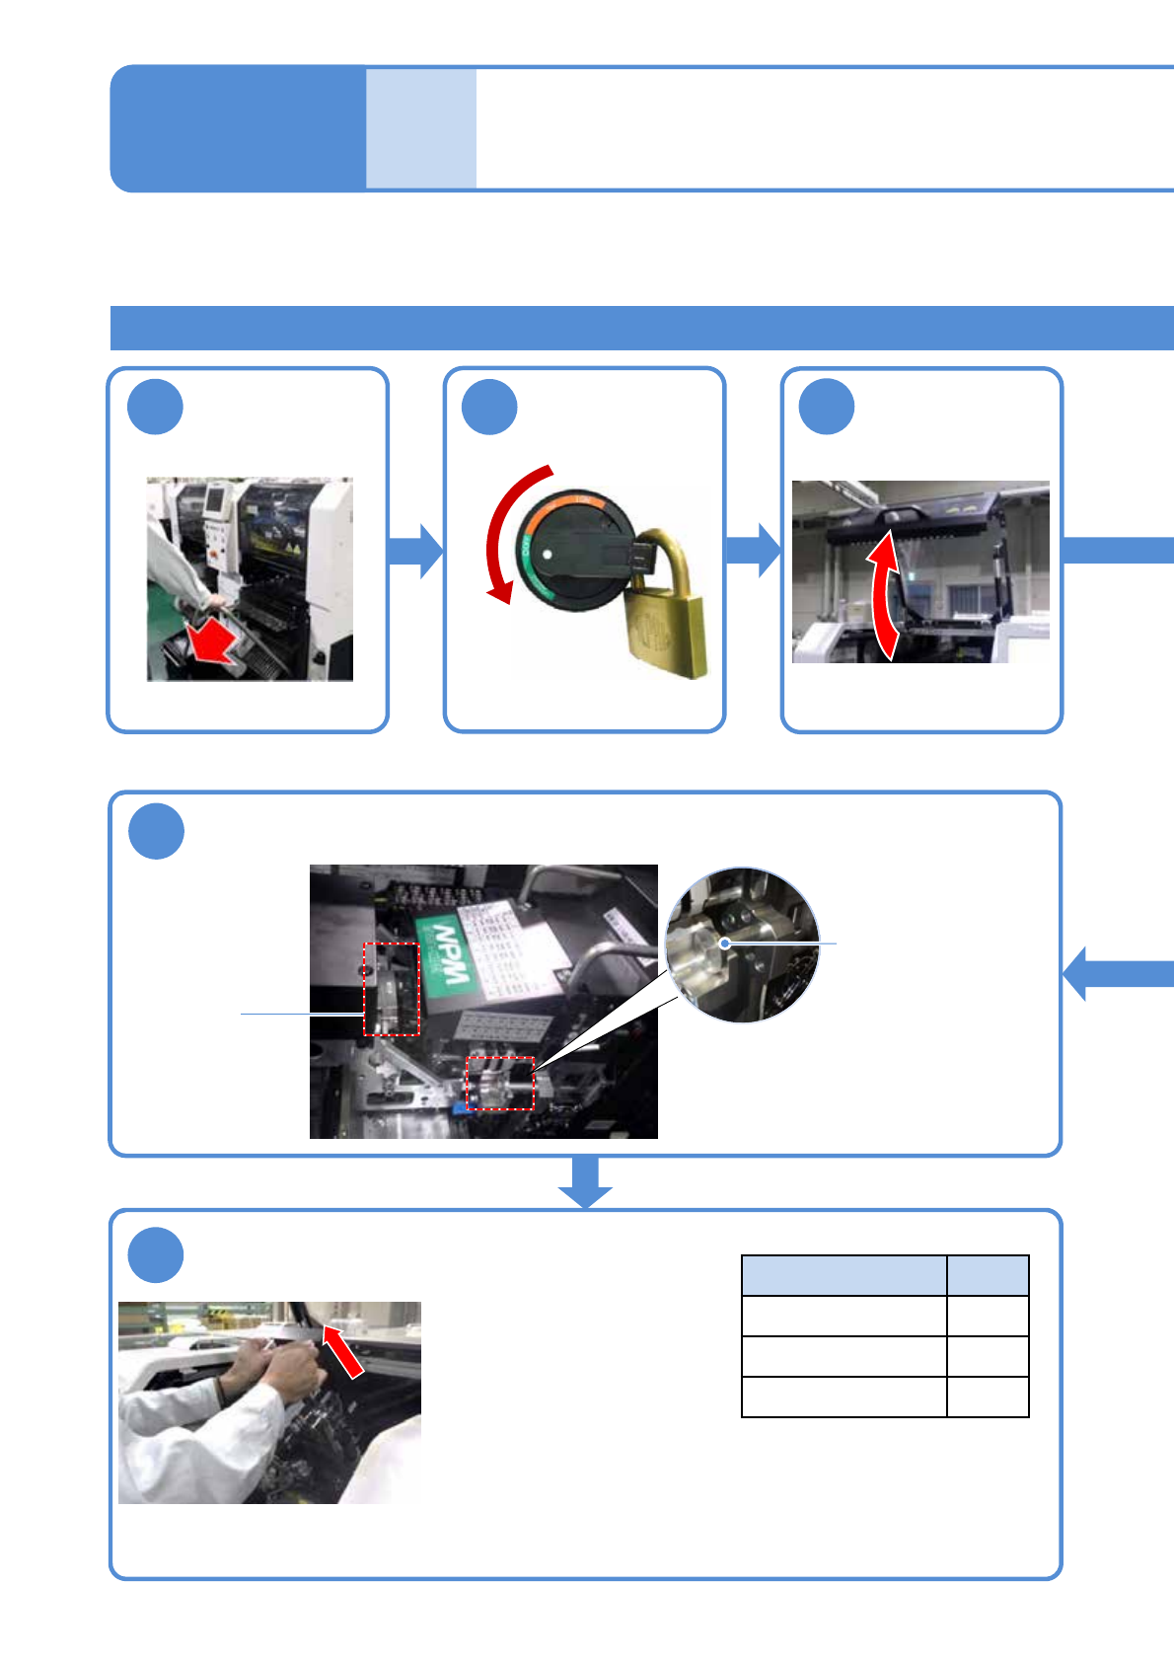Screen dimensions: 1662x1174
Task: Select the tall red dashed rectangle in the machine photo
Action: (392, 989)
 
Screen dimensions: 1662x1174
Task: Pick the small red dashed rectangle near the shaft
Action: (500, 1083)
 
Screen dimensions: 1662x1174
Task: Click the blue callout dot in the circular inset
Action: (725, 944)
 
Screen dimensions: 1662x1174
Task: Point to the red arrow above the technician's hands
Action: (343, 1350)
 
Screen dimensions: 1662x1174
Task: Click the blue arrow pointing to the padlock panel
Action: (415, 551)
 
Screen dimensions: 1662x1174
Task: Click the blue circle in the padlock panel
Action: (489, 407)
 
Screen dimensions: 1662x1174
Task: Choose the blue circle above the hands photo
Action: (156, 1255)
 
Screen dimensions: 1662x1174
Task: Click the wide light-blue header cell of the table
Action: (844, 1275)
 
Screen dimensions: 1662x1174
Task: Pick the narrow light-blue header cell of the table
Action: (988, 1275)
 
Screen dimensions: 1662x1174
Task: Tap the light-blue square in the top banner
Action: (421, 128)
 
